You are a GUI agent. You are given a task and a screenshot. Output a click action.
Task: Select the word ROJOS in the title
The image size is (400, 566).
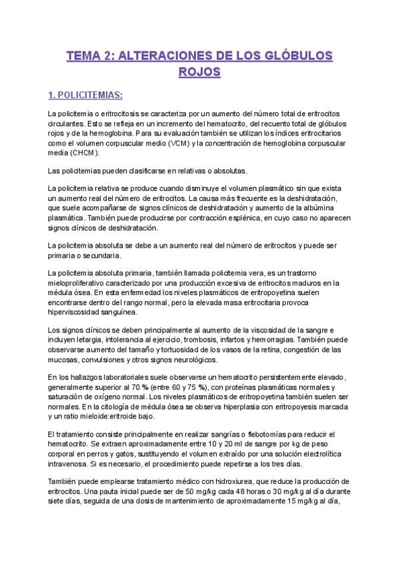pos(199,71)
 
